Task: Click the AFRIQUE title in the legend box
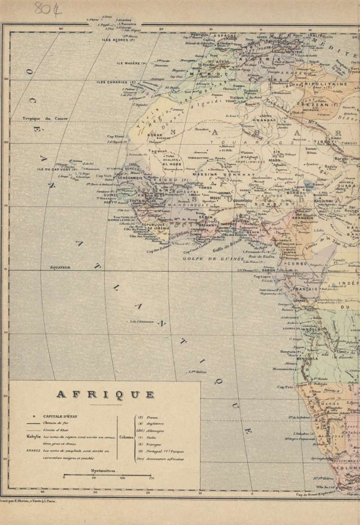[105, 395]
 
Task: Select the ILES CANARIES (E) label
[116, 83]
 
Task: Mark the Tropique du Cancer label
[45, 119]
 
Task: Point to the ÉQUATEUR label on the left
[60, 268]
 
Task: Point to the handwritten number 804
[48, 9]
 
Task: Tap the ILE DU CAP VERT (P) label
[58, 170]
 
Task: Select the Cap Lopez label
[262, 277]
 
